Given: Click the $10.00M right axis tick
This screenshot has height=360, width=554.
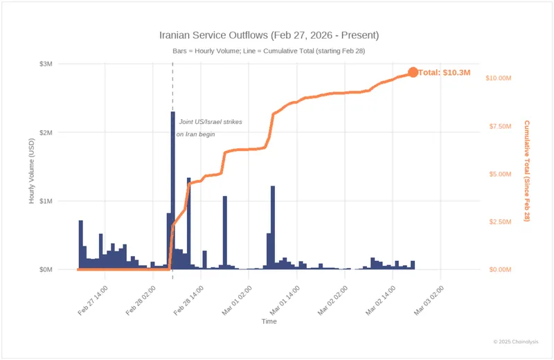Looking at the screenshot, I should [x=499, y=78].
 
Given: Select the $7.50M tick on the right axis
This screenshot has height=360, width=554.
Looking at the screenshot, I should [x=500, y=126].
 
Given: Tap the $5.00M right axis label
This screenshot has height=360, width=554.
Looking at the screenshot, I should [x=500, y=174].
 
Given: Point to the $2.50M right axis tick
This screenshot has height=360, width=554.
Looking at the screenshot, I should [x=500, y=222].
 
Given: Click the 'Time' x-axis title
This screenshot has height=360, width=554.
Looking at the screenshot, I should [x=269, y=322].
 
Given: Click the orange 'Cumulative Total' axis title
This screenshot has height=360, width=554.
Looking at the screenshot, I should [x=527, y=170].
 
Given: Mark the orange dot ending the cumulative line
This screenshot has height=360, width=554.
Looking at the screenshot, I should [x=413, y=73].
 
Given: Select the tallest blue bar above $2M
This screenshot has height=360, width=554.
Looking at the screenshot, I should [x=173, y=190].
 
